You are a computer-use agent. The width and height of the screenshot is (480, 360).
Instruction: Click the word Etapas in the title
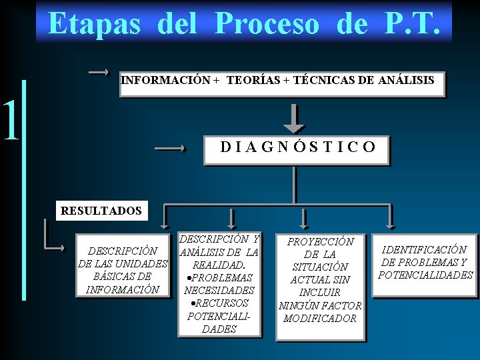tap(94, 24)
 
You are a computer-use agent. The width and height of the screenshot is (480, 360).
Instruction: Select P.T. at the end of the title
tap(412, 24)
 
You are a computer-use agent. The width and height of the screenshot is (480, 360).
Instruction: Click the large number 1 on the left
tap(10, 121)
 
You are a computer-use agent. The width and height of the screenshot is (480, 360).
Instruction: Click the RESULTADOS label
tap(101, 211)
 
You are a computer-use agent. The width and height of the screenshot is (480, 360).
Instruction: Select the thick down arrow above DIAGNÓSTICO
tap(294, 118)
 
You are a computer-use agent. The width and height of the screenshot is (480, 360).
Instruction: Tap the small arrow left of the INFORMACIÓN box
tap(99, 71)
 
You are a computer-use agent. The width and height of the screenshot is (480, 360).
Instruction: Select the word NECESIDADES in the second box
tap(219, 290)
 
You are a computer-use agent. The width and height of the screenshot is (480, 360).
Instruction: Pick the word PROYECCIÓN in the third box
tap(321, 241)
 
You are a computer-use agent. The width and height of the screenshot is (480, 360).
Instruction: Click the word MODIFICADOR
tap(320, 318)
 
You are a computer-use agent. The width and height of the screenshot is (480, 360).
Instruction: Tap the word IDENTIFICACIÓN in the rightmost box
tap(424, 249)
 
